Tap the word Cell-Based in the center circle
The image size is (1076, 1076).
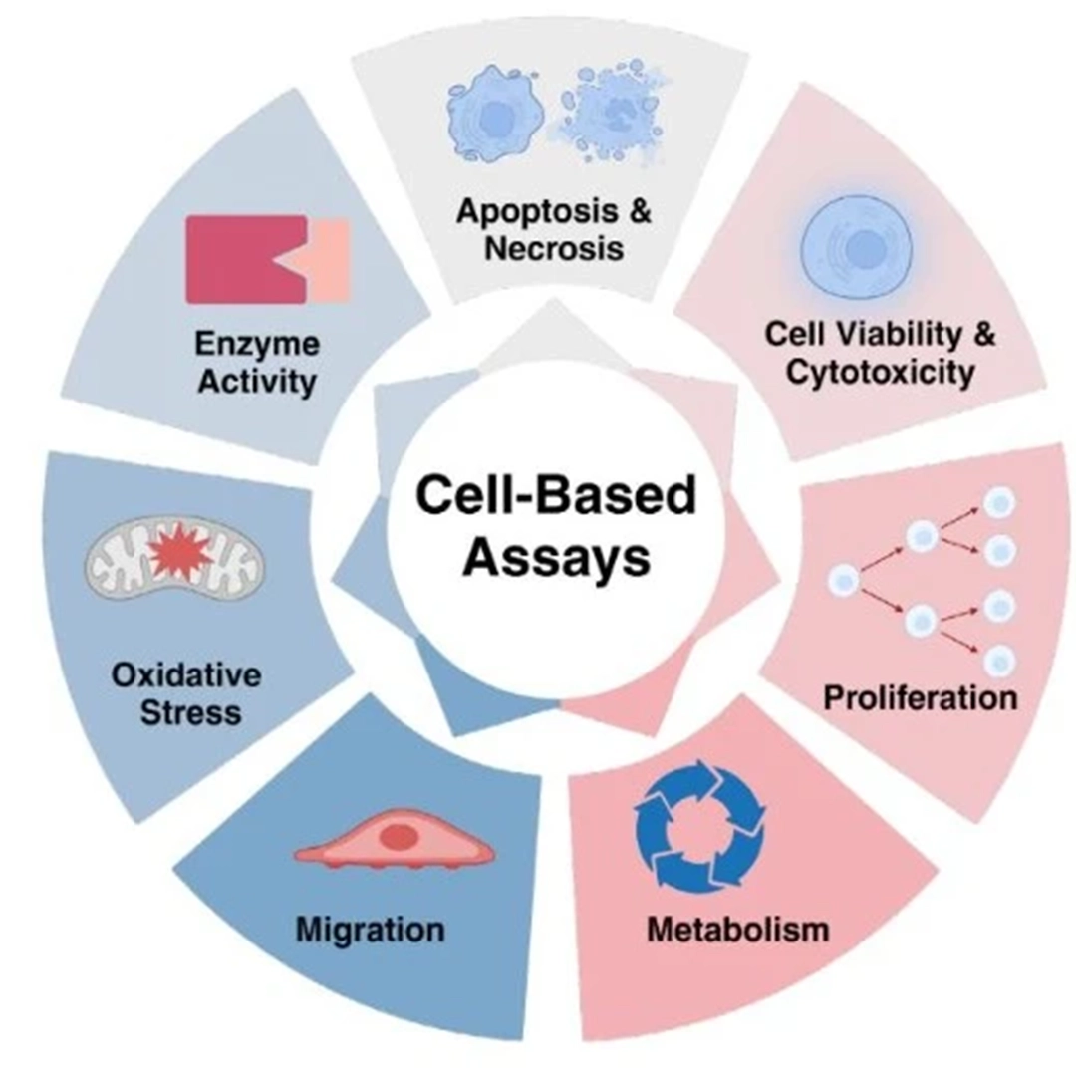tap(555, 495)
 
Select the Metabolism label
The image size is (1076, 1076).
tap(737, 930)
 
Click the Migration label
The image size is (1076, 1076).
tap(370, 930)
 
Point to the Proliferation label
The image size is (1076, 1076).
tap(920, 696)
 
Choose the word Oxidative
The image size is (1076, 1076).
tap(186, 675)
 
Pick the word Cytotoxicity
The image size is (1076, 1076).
tap(878, 374)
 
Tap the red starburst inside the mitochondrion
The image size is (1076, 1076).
tap(180, 554)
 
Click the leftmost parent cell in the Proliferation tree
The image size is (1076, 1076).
tap(844, 579)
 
